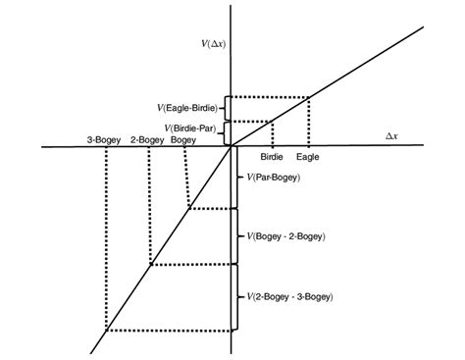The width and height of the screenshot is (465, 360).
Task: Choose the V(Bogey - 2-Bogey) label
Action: click(286, 236)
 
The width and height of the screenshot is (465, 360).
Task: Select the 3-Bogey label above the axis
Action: click(103, 140)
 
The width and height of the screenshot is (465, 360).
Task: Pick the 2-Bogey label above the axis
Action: click(146, 140)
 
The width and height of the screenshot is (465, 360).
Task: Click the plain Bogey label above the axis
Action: click(183, 140)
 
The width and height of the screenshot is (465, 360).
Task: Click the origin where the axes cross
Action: click(232, 148)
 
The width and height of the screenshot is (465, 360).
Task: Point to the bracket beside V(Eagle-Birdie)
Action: click(226, 108)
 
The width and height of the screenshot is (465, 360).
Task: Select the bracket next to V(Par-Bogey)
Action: click(237, 179)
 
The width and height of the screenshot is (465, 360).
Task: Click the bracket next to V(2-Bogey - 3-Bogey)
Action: click(237, 297)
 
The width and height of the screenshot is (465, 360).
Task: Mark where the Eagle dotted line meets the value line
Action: click(310, 97)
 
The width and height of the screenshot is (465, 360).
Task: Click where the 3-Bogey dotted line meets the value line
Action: click(105, 331)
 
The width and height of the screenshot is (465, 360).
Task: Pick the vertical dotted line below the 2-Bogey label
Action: click(148, 201)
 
